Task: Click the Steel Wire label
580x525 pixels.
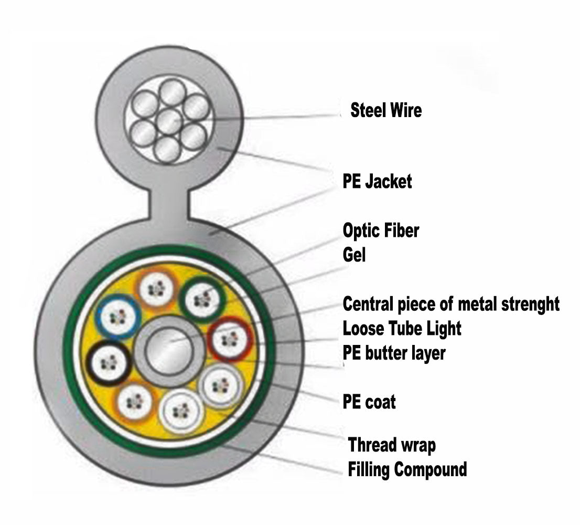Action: coord(385,111)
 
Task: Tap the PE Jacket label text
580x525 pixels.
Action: coord(377,182)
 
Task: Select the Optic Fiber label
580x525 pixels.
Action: coord(381,230)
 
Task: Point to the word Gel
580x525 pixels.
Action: coord(354,255)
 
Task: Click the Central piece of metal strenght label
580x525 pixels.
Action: coord(450,303)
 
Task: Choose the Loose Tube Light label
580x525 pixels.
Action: coord(402,329)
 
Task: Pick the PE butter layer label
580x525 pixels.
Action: coord(393,353)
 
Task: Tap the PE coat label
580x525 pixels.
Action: coord(369,402)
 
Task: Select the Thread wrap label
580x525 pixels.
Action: coord(392,445)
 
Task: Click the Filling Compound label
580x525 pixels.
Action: coord(407,469)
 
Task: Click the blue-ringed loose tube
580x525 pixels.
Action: coord(117,317)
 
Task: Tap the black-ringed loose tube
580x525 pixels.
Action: coord(110,363)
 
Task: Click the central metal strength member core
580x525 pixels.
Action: coord(168,351)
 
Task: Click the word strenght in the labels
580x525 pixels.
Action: coord(526,303)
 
